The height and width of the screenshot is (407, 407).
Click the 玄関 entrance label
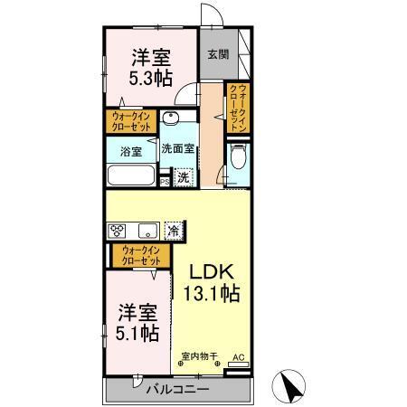click(x=218, y=55)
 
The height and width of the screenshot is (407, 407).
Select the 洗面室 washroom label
click(x=180, y=148)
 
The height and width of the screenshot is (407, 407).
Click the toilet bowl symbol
click(x=238, y=159)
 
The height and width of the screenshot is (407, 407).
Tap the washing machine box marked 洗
click(x=183, y=177)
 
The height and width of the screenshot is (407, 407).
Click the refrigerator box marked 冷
click(x=172, y=230)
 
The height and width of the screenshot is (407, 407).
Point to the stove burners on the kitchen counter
click(x=119, y=230)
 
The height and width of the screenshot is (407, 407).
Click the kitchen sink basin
click(x=147, y=228)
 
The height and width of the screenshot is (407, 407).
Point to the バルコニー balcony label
click(x=177, y=390)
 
